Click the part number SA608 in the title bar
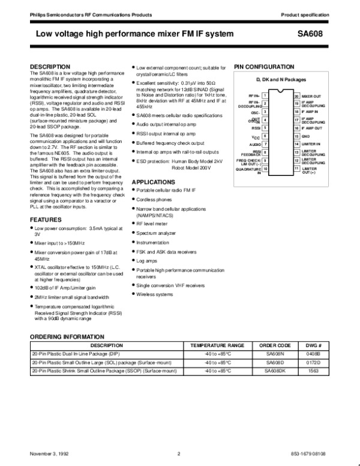click(312, 35)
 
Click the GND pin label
click(306, 136)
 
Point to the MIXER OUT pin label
click(311, 95)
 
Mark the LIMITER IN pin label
click(311, 145)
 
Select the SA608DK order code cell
click(274, 372)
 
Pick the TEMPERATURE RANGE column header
click(217, 346)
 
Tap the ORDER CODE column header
click(275, 346)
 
